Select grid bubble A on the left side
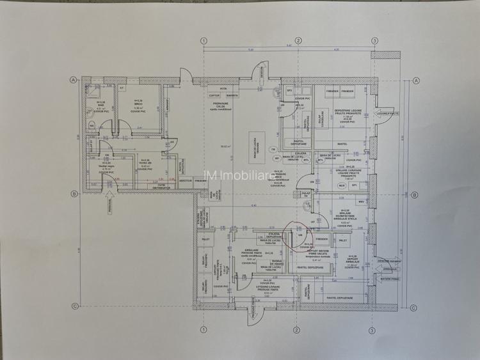(x=74, y=81)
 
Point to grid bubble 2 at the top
(x=297, y=40)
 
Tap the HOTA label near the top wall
(x=223, y=89)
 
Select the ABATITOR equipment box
(x=186, y=181)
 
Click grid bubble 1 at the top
(x=204, y=40)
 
